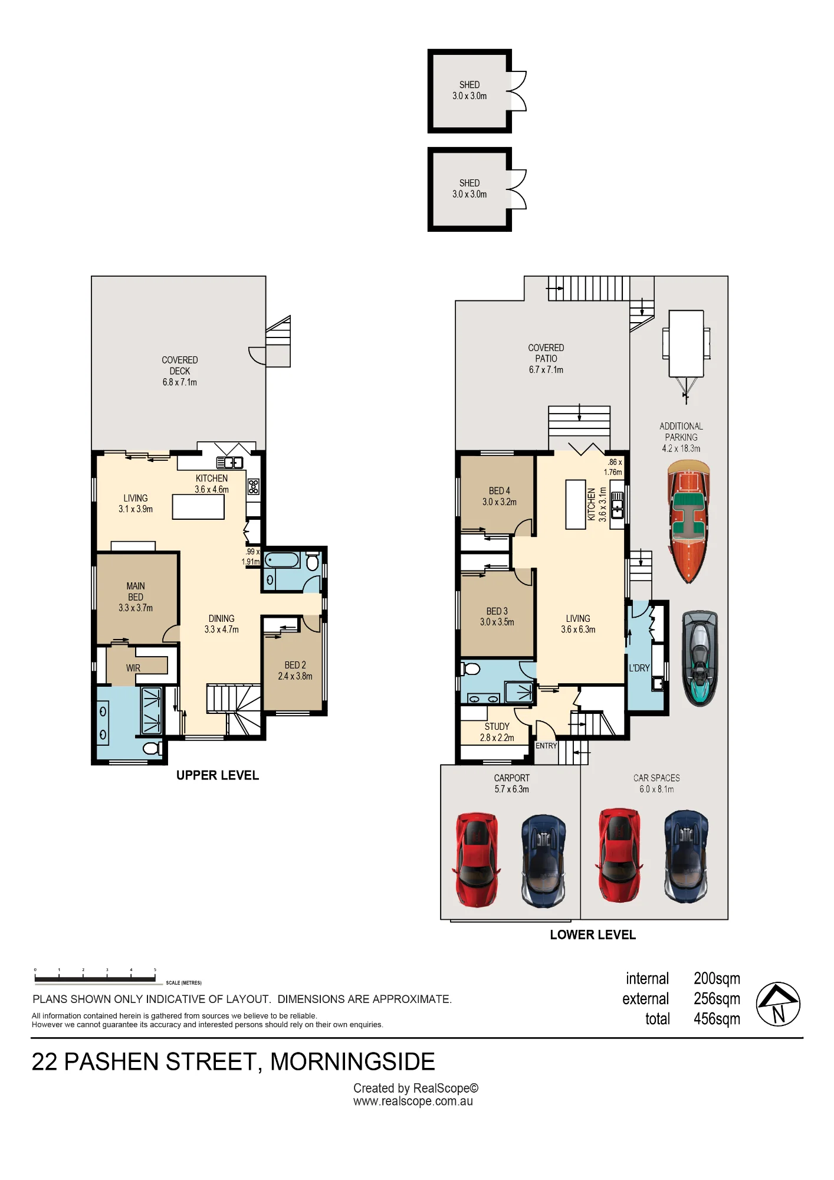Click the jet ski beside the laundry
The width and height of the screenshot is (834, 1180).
[x=700, y=658]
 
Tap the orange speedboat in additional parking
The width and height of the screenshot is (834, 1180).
[x=688, y=522]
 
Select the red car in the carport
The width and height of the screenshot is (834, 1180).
[x=477, y=859]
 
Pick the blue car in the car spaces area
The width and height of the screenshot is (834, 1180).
[x=686, y=856]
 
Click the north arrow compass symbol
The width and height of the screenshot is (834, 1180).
[x=779, y=1004]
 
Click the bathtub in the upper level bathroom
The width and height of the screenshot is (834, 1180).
[x=282, y=559]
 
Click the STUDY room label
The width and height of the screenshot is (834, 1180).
[x=497, y=726]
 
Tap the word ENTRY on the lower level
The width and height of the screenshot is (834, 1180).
[x=546, y=746]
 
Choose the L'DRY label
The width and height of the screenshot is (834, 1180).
[x=639, y=668]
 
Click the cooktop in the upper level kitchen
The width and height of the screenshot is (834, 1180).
[x=254, y=486]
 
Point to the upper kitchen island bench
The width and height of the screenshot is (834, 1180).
[x=198, y=507]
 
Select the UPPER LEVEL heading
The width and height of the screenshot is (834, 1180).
[x=218, y=775]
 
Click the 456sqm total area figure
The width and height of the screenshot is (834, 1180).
[x=717, y=1019]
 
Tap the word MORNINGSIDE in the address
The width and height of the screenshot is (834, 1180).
[x=353, y=1061]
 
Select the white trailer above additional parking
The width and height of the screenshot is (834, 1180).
[x=687, y=355]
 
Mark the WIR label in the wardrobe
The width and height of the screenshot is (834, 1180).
[x=133, y=668]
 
